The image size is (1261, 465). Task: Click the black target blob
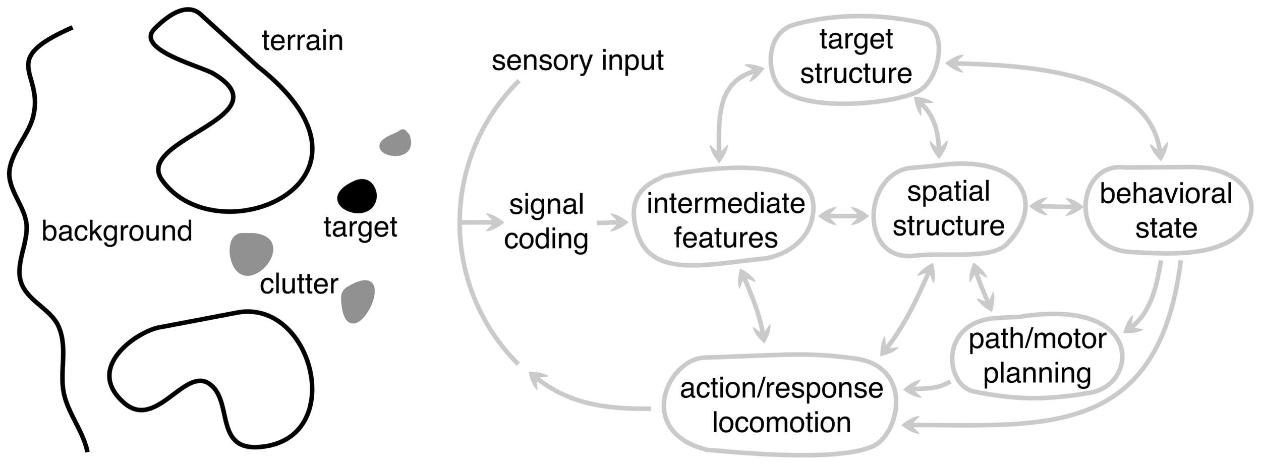[357, 196]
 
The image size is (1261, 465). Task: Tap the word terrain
[302, 41]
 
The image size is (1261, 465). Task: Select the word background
[117, 231]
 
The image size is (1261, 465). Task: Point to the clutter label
[299, 284]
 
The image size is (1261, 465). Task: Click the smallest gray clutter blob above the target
[395, 143]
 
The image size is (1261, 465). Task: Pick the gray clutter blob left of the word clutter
[251, 253]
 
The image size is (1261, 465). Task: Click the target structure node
[855, 56]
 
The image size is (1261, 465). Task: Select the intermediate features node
[725, 220]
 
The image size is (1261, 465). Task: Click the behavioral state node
[1166, 210]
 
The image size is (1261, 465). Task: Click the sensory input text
[577, 61]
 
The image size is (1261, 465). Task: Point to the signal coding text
[546, 221]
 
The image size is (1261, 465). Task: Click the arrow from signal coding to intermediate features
[612, 222]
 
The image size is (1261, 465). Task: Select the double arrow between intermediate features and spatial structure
[843, 217]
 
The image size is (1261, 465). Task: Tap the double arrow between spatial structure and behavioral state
[1056, 207]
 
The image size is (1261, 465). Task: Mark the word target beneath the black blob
[360, 227]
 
